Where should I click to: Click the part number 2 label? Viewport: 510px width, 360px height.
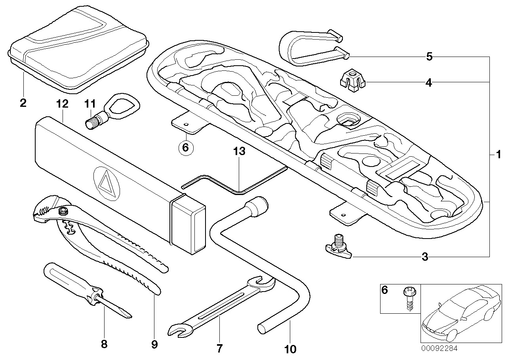(x=23, y=104)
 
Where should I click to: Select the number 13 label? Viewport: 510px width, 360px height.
(x=240, y=151)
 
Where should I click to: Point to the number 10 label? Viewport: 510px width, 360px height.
(x=290, y=349)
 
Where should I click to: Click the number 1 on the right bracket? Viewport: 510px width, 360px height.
(x=499, y=153)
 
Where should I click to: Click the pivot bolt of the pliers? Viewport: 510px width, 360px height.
(x=63, y=213)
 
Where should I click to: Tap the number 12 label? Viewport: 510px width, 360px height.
(x=63, y=104)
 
